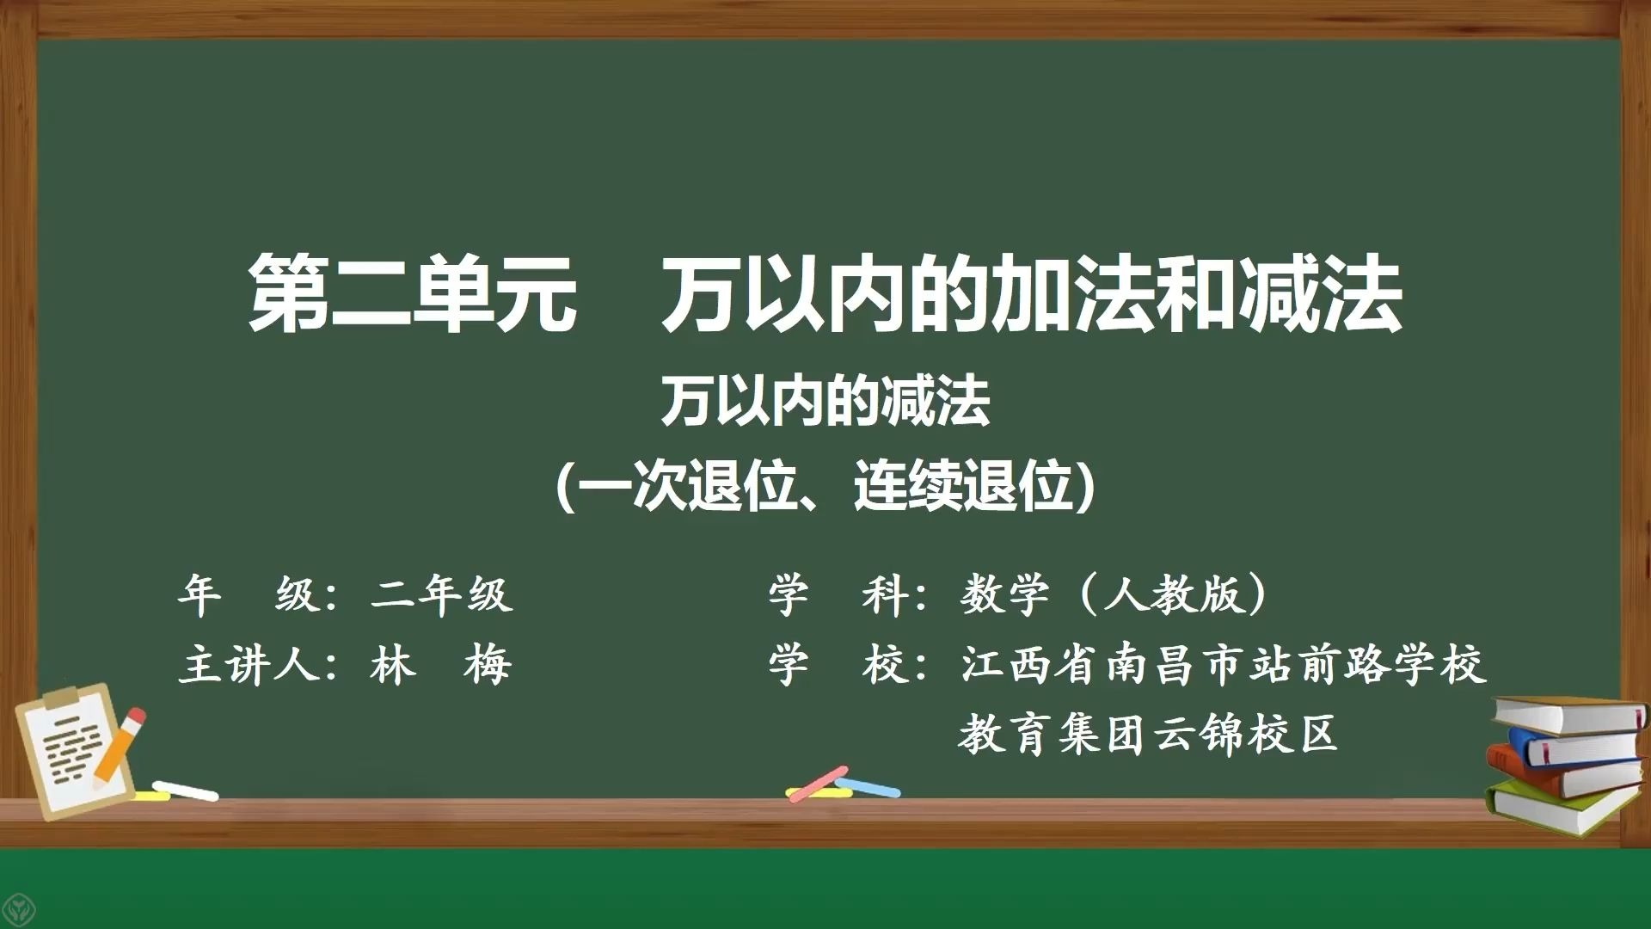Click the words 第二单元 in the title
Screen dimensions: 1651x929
click(x=412, y=295)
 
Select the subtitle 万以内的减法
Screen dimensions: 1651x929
click(x=825, y=403)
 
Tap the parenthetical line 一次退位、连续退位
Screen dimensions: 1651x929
click(x=826, y=486)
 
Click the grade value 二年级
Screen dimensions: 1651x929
click(x=442, y=594)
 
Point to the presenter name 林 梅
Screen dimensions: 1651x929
click(x=441, y=665)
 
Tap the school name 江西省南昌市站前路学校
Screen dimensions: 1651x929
click(x=1224, y=665)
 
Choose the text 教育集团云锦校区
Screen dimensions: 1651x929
click(x=1148, y=735)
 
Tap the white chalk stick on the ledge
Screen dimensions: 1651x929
click(x=185, y=791)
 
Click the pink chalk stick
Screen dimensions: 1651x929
click(x=818, y=784)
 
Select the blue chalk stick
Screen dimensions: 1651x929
click(x=868, y=786)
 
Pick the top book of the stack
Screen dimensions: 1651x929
click(x=1568, y=715)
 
